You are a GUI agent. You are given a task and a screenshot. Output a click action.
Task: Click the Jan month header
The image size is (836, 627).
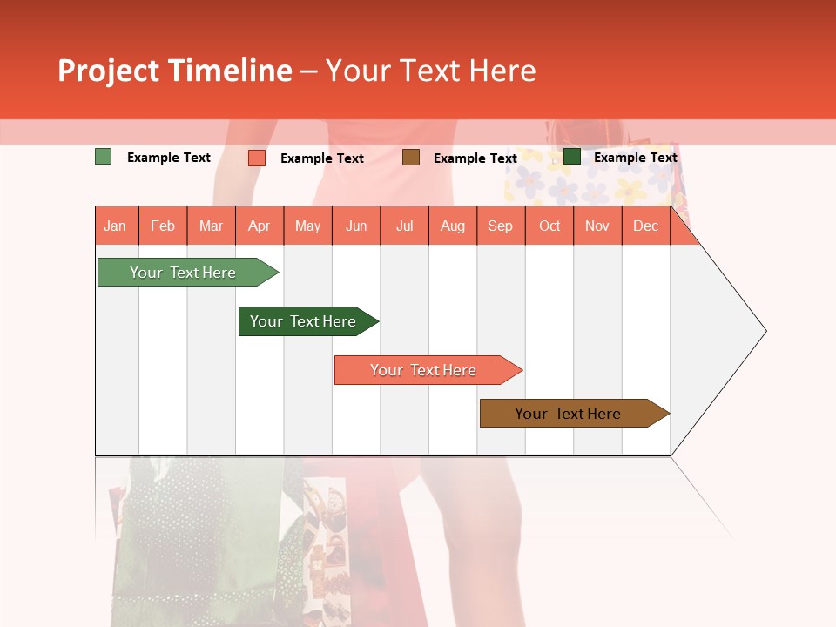pyautogui.click(x=115, y=226)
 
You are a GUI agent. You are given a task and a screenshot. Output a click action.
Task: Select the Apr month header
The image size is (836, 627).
pyautogui.click(x=260, y=226)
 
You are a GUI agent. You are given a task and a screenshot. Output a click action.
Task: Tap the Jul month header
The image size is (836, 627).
pyautogui.click(x=405, y=226)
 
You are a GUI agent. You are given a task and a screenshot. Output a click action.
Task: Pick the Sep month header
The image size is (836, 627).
pyautogui.click(x=500, y=226)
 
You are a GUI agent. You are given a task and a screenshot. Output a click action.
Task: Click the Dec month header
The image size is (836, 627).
pyautogui.click(x=645, y=226)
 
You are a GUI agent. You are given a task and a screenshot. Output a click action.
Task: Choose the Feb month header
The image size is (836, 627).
pyautogui.click(x=163, y=226)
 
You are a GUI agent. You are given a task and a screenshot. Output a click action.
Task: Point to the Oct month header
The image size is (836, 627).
pyautogui.click(x=549, y=226)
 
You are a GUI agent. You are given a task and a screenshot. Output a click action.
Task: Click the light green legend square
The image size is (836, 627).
pyautogui.click(x=103, y=157)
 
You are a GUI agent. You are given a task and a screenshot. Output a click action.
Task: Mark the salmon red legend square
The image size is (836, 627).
pyautogui.click(x=256, y=158)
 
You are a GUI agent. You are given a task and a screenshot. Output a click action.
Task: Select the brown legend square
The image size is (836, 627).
pyautogui.click(x=411, y=157)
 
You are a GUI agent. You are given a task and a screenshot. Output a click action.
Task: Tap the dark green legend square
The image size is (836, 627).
pyautogui.click(x=572, y=157)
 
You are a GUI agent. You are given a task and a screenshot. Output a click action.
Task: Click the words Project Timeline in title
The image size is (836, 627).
pyautogui.click(x=174, y=71)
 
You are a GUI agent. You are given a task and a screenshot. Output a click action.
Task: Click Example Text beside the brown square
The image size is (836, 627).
pyautogui.click(x=475, y=158)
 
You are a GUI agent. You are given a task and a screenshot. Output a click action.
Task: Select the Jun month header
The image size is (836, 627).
pyautogui.click(x=356, y=226)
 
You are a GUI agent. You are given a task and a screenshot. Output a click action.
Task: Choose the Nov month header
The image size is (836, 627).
pyautogui.click(x=597, y=226)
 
